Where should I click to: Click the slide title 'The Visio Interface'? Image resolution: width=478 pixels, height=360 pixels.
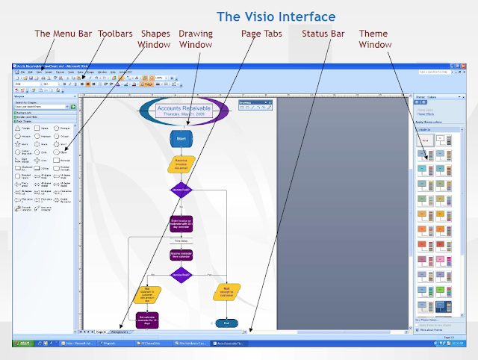(276, 16)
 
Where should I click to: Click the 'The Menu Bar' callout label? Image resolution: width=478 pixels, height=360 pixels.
(64, 34)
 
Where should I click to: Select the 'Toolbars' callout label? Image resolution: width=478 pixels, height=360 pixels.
(115, 34)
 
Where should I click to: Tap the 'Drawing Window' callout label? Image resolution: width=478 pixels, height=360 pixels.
(195, 39)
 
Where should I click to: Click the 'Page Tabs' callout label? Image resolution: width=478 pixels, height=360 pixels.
(261, 34)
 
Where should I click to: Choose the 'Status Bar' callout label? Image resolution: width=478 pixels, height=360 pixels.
(323, 34)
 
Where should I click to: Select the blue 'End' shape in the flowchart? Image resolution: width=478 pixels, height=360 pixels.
(226, 323)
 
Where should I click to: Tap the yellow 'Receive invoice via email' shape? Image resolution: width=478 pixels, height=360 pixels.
(181, 164)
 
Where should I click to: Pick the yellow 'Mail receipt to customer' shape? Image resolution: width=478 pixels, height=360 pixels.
(226, 290)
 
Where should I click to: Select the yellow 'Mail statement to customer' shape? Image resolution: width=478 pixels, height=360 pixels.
(147, 294)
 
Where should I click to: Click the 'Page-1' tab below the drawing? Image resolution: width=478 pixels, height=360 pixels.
(100, 330)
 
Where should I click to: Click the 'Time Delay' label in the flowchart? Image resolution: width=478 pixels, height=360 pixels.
(181, 241)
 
